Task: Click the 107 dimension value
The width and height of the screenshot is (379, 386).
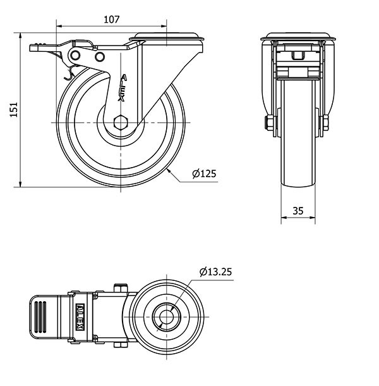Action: point(111,19)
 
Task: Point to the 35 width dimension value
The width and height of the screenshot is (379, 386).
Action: point(298,210)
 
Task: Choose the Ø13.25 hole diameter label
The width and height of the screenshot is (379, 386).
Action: point(215,272)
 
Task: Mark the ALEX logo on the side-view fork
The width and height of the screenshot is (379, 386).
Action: point(124,89)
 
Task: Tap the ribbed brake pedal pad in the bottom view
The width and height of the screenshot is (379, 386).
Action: point(41,313)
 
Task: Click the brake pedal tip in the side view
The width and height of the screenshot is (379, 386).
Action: point(35,45)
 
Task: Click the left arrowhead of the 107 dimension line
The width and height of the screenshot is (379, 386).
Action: point(58,26)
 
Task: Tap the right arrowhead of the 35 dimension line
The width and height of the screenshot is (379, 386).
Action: point(314,217)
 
